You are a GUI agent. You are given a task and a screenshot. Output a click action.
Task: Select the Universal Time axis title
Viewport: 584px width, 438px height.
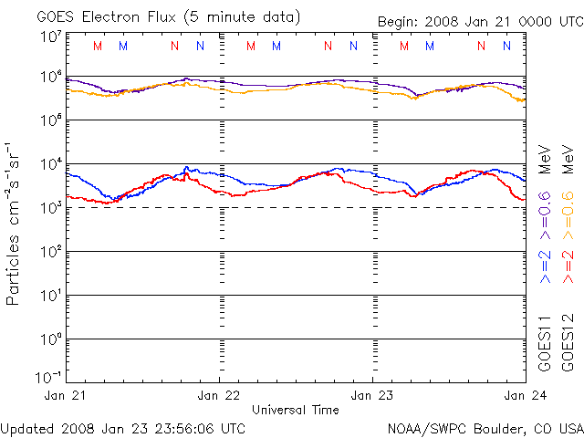coord(295,410)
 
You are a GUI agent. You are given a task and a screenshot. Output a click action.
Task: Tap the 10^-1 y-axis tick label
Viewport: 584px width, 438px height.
coord(48,377)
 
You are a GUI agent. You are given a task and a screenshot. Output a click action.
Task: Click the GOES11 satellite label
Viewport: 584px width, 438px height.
coord(545,344)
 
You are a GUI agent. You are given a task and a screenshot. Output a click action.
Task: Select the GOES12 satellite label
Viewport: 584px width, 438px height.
coord(567,344)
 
